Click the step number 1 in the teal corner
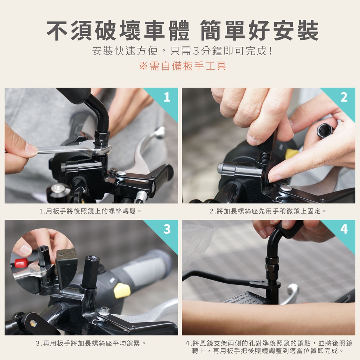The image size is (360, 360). (167, 97)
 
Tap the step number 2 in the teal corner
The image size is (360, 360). (344, 97)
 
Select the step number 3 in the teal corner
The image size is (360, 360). (167, 229)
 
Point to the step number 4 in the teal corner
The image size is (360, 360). (344, 229)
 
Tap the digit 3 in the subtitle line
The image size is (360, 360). (196, 51)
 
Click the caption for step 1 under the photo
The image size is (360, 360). (90, 211)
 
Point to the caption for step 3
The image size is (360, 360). (91, 343)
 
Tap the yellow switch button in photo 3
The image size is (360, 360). (122, 290)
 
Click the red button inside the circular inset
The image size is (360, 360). (21, 263)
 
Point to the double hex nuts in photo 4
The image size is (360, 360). (272, 264)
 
